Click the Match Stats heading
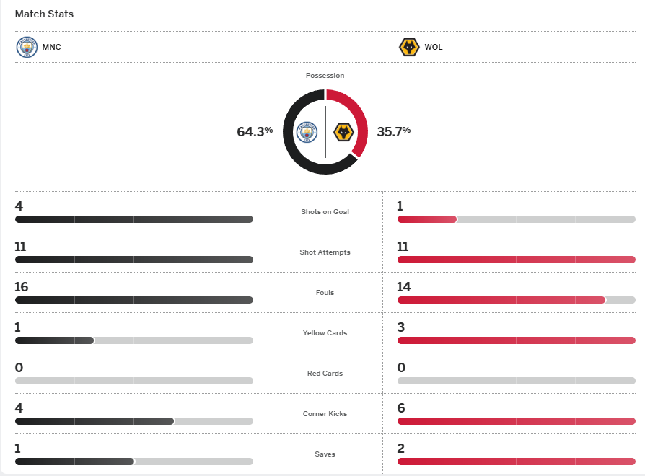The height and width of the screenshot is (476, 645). click(x=44, y=14)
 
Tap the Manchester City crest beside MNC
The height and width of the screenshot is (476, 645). click(x=26, y=48)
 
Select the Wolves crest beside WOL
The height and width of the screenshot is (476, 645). click(x=409, y=48)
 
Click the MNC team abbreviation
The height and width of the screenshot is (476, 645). click(x=52, y=48)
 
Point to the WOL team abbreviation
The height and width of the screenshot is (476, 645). click(x=434, y=48)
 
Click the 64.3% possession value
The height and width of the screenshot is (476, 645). click(x=255, y=131)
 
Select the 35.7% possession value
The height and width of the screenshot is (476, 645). click(x=393, y=131)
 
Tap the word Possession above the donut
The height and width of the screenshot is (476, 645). click(x=325, y=76)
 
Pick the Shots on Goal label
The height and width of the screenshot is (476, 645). click(x=325, y=212)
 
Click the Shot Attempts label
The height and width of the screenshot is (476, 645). click(x=325, y=252)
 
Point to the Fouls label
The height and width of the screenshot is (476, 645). click(x=325, y=293)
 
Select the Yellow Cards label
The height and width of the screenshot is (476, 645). click(x=325, y=333)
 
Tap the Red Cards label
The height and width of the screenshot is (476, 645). click(x=325, y=374)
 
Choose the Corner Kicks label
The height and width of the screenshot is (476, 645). click(x=325, y=414)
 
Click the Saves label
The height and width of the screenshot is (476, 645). click(x=325, y=454)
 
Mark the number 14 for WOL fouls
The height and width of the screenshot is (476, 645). click(x=404, y=287)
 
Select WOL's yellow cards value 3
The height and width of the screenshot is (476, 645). click(x=401, y=327)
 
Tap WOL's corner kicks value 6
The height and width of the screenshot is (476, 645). click(x=401, y=408)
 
